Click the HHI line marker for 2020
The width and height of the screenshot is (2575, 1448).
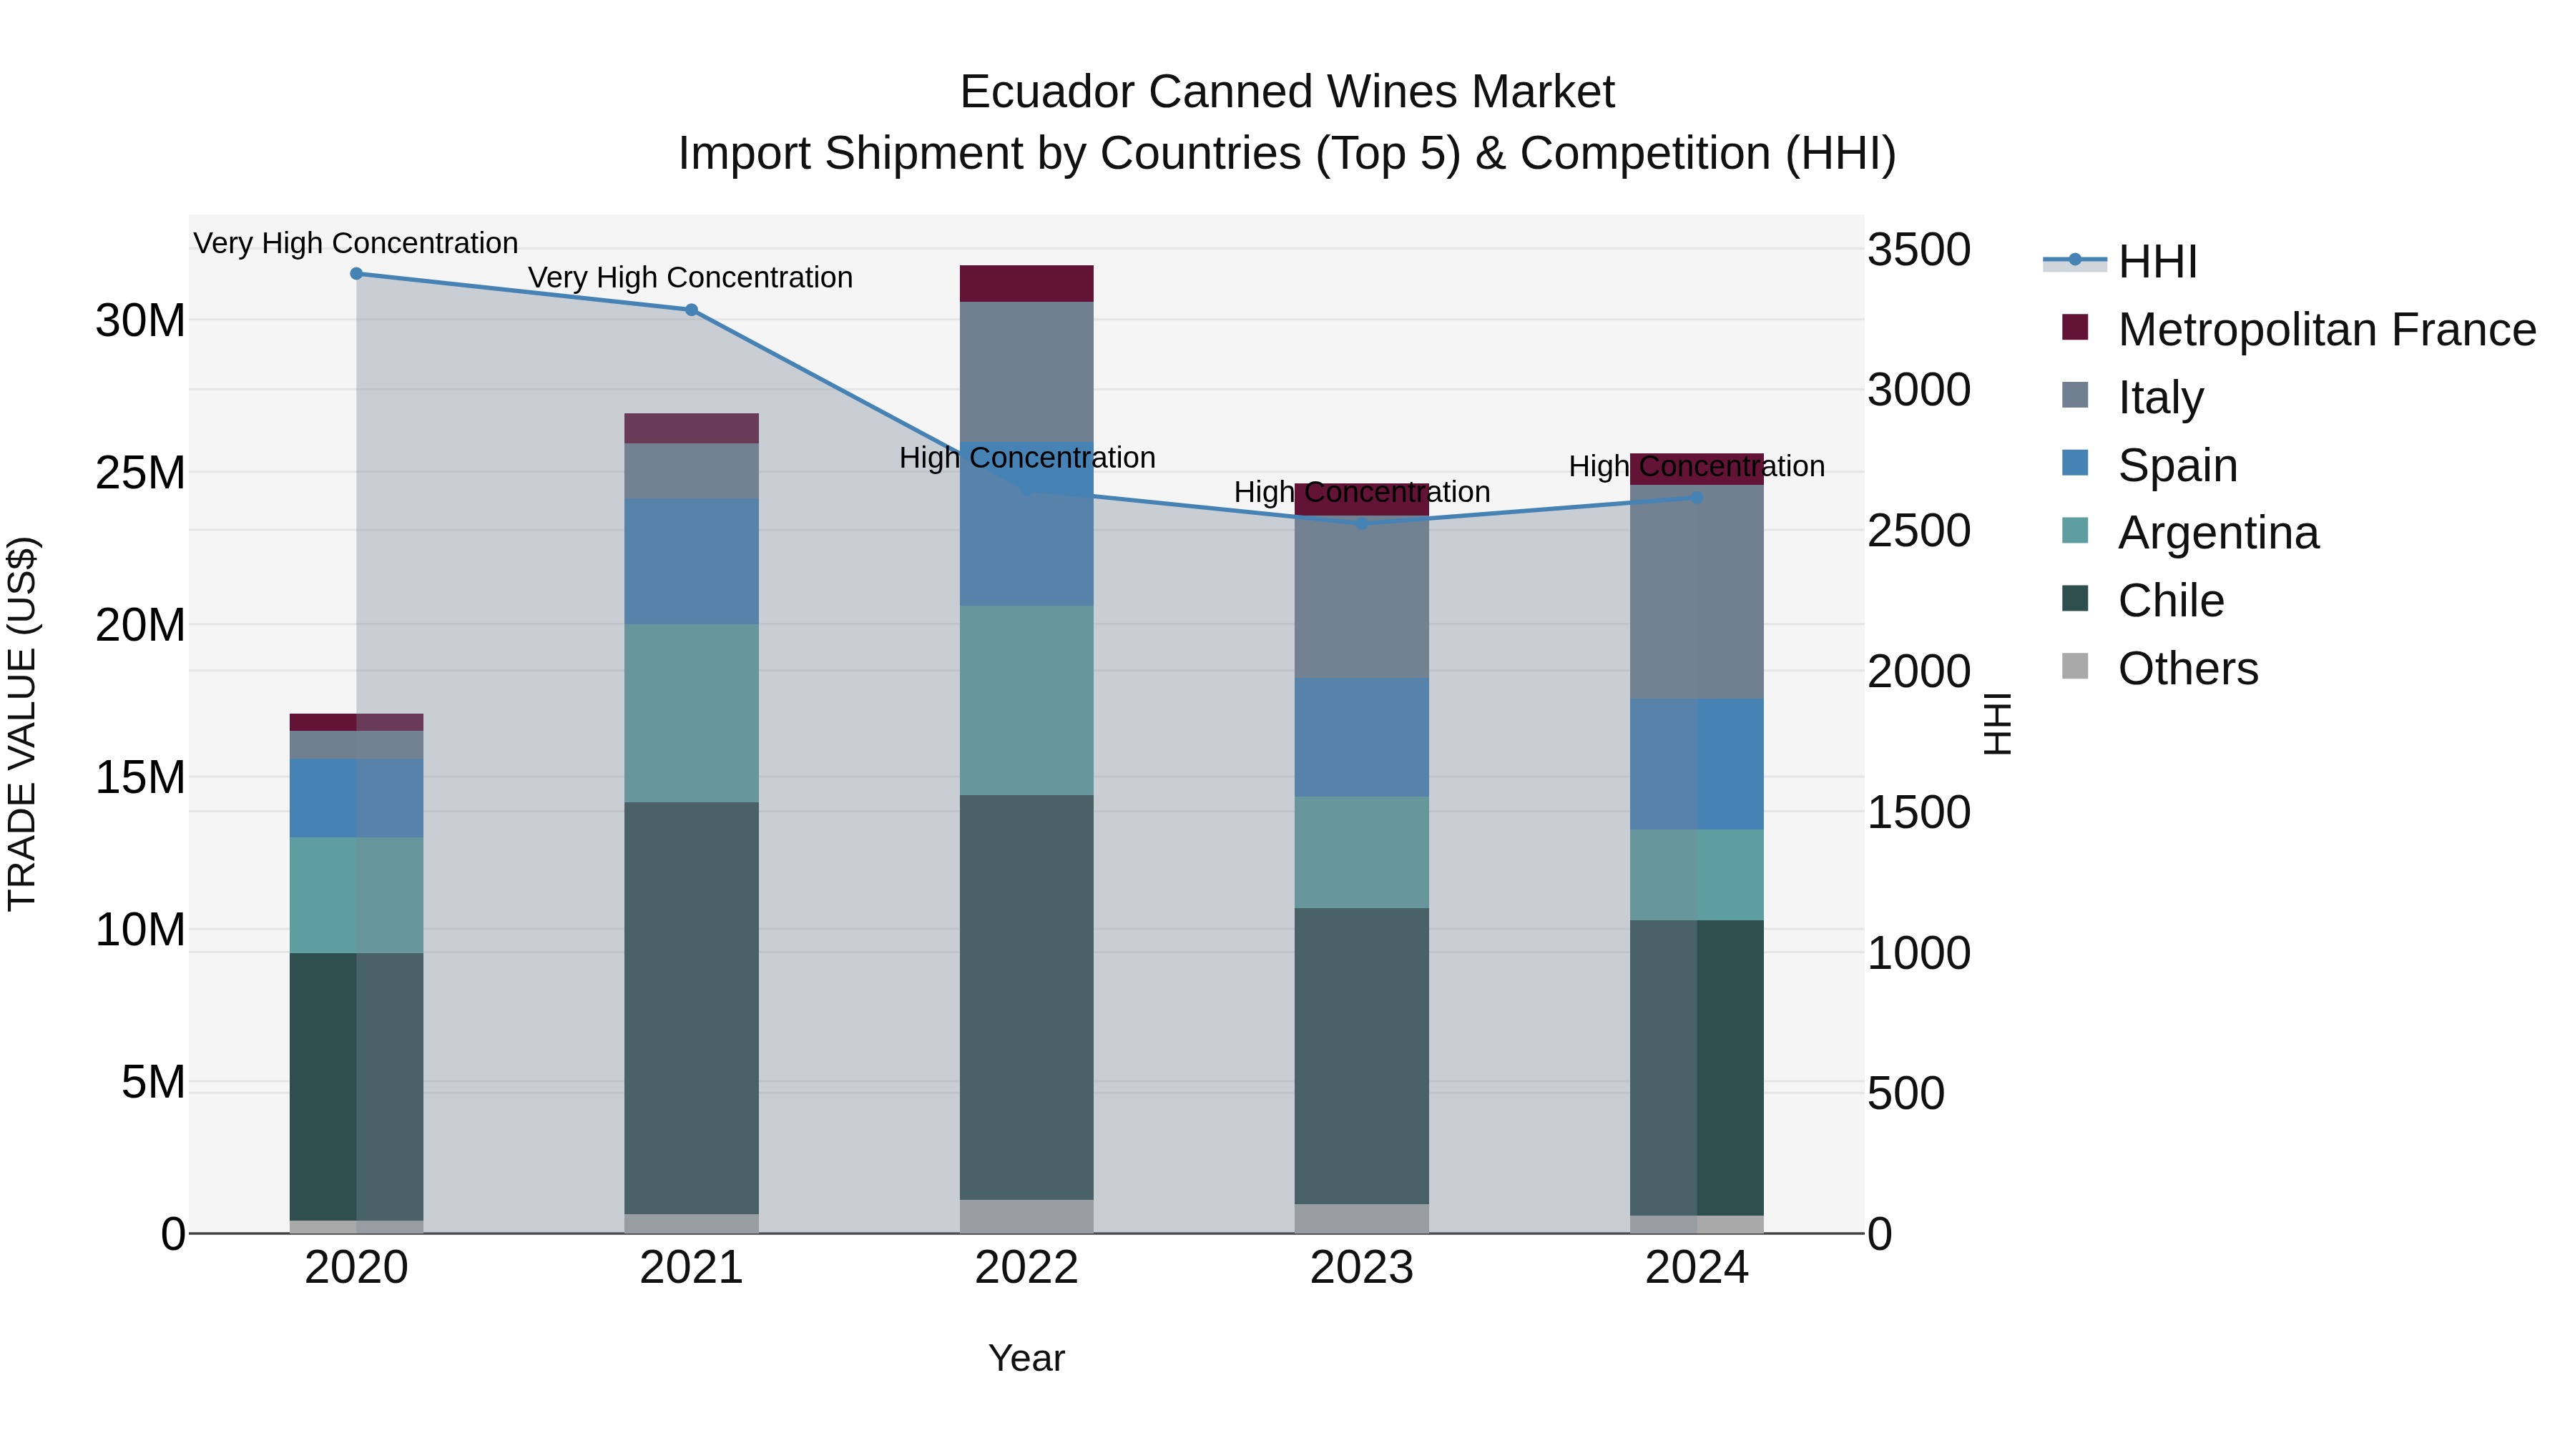(x=356, y=274)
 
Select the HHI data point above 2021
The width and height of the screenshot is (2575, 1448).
(x=691, y=310)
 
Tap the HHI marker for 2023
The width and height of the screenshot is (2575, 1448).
(x=1361, y=523)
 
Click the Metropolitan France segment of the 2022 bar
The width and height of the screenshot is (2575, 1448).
(x=1026, y=284)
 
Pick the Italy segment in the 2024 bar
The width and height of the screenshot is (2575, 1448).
(x=1697, y=591)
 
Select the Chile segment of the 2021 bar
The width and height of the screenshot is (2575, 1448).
(x=691, y=1008)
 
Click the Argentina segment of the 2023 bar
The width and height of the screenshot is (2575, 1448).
(x=1361, y=852)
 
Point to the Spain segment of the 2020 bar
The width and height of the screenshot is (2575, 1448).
(x=356, y=797)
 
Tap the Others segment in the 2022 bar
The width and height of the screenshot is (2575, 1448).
(x=1026, y=1216)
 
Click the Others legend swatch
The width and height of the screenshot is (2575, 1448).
(x=2075, y=666)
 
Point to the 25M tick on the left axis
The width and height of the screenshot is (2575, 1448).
(x=140, y=473)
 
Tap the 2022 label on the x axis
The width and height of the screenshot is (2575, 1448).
(x=1026, y=1268)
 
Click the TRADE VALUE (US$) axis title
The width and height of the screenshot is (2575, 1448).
(x=22, y=724)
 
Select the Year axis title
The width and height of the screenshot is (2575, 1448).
(x=1026, y=1358)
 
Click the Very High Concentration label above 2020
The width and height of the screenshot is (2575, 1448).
(x=356, y=243)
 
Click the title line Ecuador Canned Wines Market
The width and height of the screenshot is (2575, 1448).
(x=1287, y=92)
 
